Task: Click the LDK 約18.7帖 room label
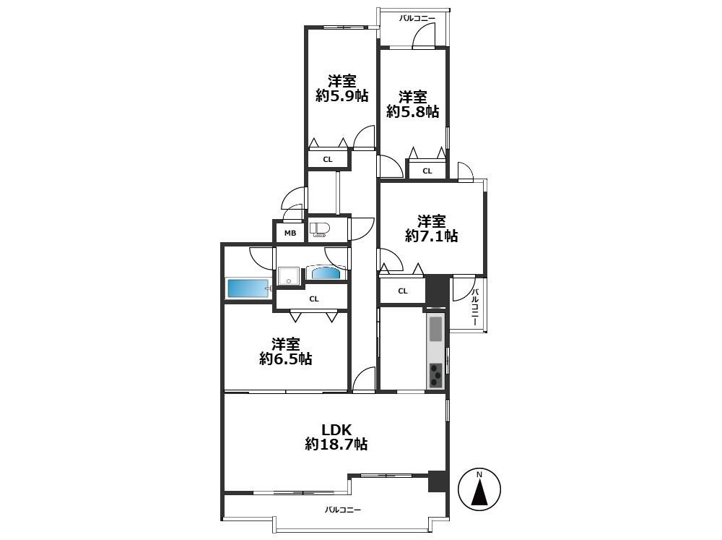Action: tap(336, 437)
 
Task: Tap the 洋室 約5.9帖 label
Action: tap(342, 88)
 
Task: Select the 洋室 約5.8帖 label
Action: tap(412, 104)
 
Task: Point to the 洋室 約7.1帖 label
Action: tap(432, 228)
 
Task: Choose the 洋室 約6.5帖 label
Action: tap(285, 351)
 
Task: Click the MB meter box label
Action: tap(290, 233)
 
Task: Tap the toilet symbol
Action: tap(318, 230)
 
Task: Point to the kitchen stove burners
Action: tap(435, 375)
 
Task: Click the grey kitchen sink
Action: tap(435, 328)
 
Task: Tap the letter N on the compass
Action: tap(479, 474)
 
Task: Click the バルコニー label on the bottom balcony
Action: tap(342, 510)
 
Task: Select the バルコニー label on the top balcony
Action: tap(417, 19)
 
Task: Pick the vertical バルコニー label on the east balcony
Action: tap(476, 307)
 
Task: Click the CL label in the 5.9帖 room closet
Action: tap(327, 160)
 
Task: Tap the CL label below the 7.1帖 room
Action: tap(403, 291)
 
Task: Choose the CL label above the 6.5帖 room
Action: tap(314, 299)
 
